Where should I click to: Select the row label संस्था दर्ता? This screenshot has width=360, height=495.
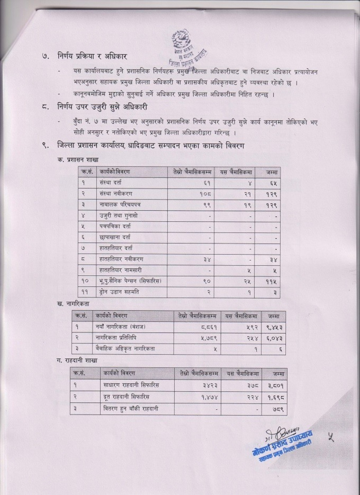point(110,183)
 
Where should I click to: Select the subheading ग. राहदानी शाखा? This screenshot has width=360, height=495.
point(77,360)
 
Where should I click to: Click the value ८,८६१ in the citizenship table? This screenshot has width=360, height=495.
point(209,327)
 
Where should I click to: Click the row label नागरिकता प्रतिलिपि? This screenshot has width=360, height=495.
point(116,338)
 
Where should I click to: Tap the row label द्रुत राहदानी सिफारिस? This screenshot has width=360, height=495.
point(126,397)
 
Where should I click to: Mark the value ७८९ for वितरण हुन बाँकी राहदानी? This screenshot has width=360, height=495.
point(278,409)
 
